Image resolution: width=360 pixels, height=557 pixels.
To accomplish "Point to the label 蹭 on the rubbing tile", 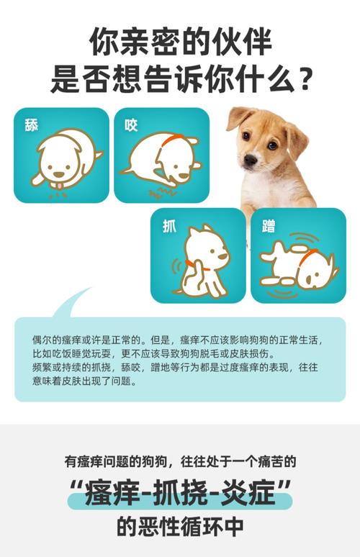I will coord(268,225).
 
